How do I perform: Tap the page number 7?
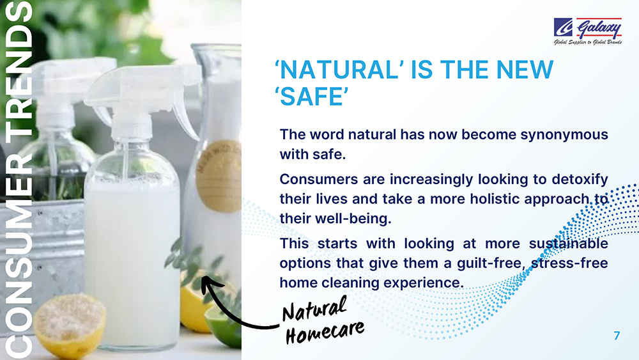tap(617, 336)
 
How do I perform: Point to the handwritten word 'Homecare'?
tap(325, 332)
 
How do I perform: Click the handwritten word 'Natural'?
tap(315, 308)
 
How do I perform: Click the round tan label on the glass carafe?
tap(219, 176)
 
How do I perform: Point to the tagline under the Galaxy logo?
tap(588, 42)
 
